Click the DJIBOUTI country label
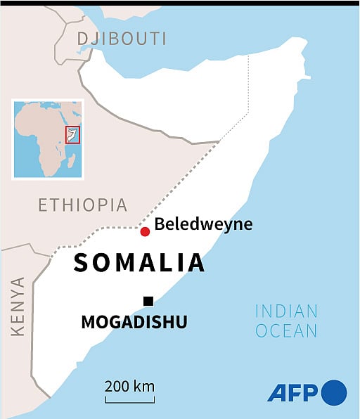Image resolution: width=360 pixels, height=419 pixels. [122, 39]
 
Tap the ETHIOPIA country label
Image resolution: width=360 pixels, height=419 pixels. [83, 205]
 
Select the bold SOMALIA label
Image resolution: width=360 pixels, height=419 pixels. [139, 262]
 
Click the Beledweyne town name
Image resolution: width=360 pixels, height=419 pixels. [203, 225]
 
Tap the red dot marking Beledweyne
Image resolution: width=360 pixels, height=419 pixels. [145, 232]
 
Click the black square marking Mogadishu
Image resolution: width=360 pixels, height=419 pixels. [148, 302]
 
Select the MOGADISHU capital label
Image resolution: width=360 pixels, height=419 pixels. [134, 323]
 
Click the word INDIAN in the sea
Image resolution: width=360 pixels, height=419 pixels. [286, 311]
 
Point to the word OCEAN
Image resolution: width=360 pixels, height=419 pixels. [286, 330]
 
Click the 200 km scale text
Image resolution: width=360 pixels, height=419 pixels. [130, 386]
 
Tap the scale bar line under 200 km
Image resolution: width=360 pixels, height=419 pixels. [130, 401]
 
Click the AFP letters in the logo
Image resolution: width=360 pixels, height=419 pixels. [293, 393]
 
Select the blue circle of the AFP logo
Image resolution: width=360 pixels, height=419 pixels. [334, 392]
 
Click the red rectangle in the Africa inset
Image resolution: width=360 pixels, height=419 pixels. [72, 135]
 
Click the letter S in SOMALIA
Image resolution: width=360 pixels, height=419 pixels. [82, 262]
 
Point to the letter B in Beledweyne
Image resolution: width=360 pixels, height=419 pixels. [160, 225]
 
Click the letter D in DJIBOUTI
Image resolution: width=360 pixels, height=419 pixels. [82, 39]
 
